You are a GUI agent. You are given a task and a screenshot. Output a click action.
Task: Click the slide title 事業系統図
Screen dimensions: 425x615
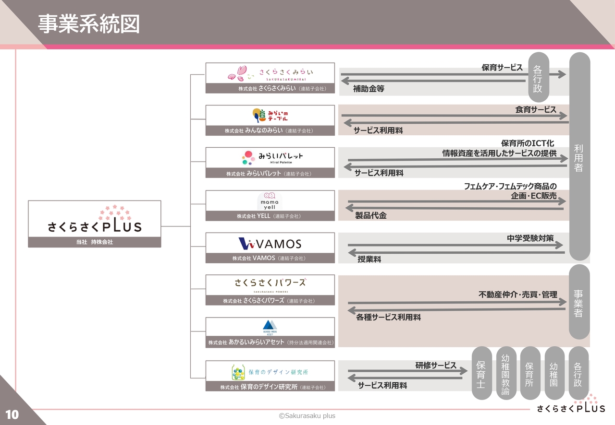(x=89, y=24)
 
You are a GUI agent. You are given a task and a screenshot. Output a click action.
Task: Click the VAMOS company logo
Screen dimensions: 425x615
(x=270, y=243)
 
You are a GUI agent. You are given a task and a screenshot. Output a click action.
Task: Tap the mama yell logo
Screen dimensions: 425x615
(x=270, y=201)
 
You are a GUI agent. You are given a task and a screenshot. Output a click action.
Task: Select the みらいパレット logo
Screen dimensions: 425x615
(x=272, y=157)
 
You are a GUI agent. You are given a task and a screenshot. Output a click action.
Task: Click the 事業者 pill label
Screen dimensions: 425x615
(x=578, y=303)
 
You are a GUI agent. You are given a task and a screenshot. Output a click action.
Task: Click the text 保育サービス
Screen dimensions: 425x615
(x=502, y=68)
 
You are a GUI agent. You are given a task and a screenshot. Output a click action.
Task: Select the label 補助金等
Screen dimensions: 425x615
(x=369, y=89)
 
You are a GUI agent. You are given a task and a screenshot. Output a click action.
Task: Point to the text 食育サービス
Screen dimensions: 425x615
(x=536, y=110)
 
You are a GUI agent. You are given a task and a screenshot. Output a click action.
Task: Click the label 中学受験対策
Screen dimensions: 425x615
(x=530, y=238)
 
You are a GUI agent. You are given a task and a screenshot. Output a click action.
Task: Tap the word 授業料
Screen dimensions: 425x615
(x=369, y=259)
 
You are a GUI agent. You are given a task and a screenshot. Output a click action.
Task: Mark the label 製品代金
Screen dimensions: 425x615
(x=370, y=216)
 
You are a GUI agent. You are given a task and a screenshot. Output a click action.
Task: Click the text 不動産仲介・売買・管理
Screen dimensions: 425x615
(x=518, y=295)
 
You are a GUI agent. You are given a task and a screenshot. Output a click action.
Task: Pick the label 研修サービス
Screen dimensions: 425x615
(x=436, y=366)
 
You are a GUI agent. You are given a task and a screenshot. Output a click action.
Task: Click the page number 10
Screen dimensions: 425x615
(x=12, y=414)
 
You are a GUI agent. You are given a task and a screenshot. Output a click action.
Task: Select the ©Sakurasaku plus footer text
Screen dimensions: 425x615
(x=307, y=416)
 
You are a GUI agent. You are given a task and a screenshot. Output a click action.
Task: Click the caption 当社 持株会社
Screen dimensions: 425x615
(x=94, y=242)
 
